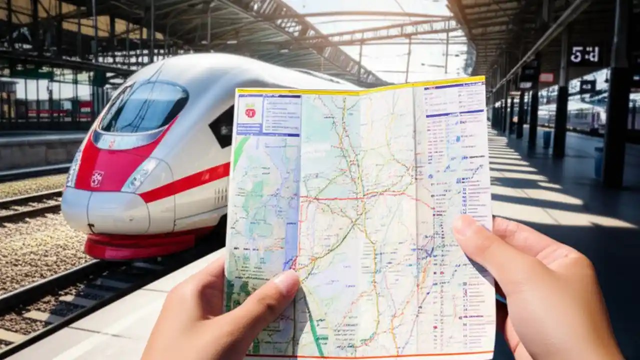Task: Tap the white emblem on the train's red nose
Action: tap(97, 178)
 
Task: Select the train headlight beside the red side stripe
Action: tap(140, 175)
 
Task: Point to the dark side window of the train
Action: tap(222, 126)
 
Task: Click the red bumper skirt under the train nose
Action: tap(140, 246)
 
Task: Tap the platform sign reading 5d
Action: tap(584, 54)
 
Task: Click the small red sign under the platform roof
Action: tap(546, 77)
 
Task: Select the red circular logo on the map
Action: tap(250, 113)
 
